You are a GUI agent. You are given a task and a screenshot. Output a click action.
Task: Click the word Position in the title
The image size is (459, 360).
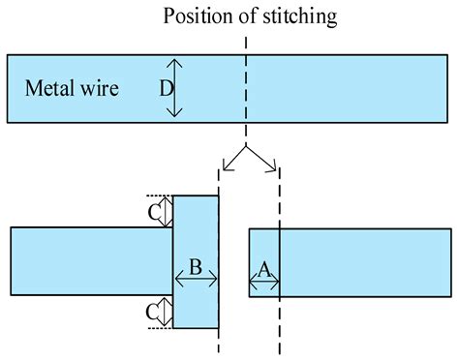198,16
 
